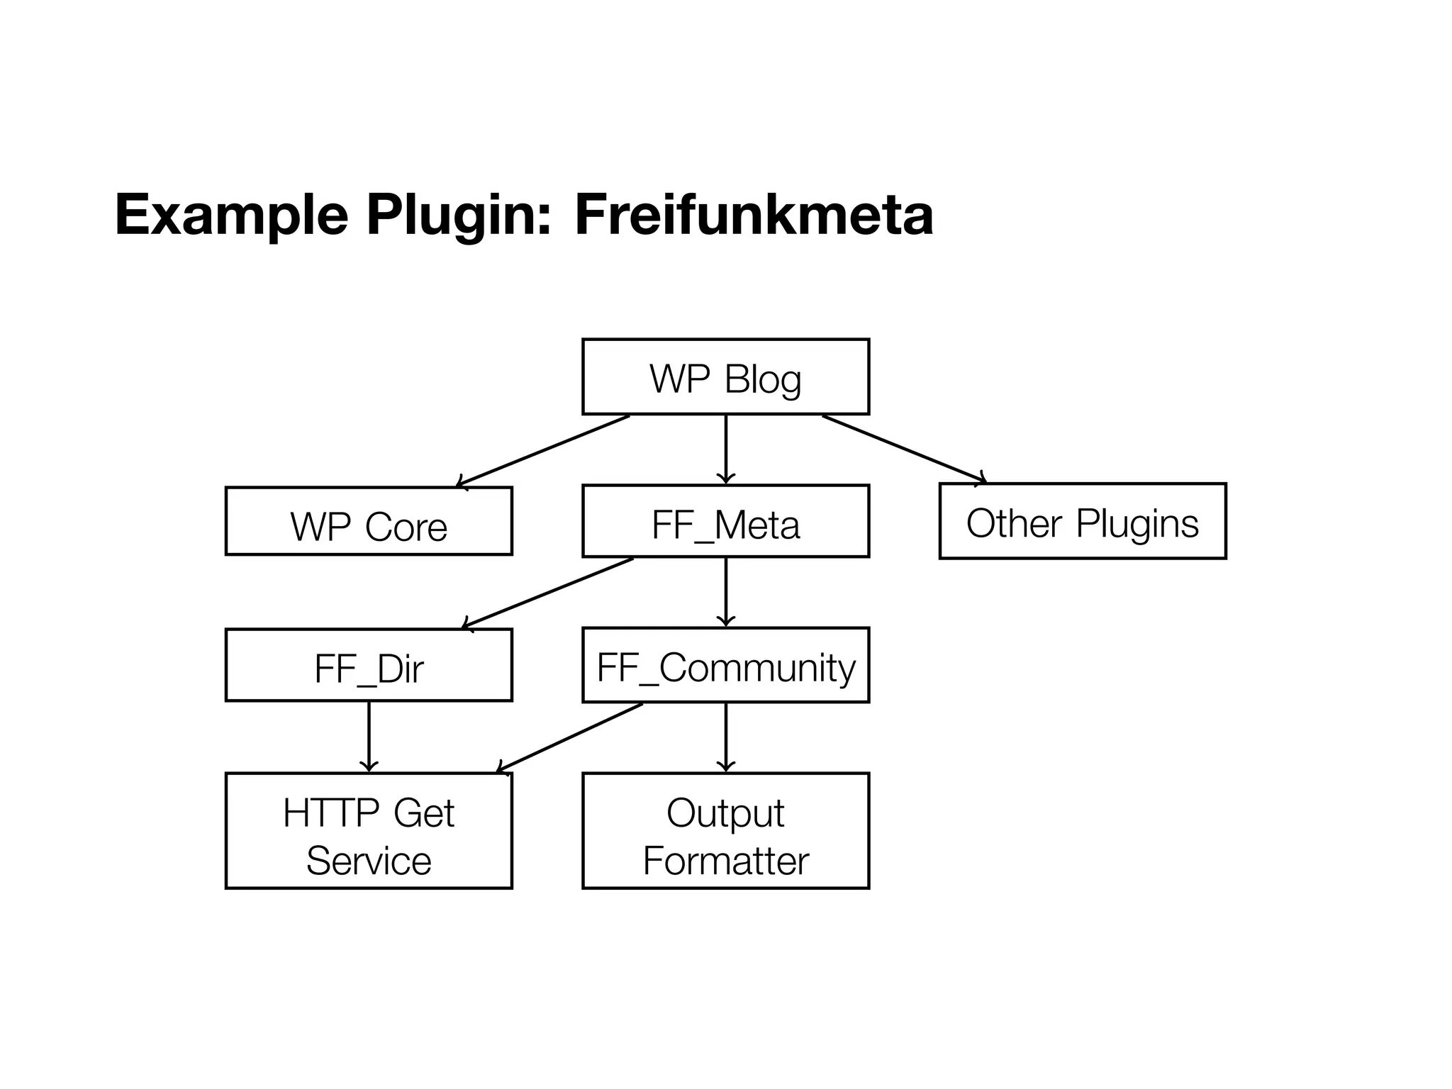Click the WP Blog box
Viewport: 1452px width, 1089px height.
[725, 377]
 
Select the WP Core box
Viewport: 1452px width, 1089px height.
[369, 521]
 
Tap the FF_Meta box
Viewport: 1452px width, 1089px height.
[725, 522]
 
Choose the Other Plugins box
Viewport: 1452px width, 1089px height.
[1082, 522]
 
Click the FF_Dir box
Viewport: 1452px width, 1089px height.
[369, 665]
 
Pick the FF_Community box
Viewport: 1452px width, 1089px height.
[725, 666]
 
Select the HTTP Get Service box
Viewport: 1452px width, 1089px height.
[369, 830]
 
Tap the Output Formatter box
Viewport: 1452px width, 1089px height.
[725, 830]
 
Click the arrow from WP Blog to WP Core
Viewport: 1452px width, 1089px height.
[543, 451]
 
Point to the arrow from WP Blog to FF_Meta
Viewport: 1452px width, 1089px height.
[725, 449]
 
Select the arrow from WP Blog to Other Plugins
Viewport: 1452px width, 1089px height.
[904, 449]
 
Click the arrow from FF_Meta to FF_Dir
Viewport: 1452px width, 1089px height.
[547, 593]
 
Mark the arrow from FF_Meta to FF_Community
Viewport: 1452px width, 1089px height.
[725, 592]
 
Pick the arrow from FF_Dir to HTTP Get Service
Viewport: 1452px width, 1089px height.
[369, 736]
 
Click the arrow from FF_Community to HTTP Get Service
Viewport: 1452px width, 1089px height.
[569, 737]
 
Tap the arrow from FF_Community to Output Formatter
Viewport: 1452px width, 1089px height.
[725, 737]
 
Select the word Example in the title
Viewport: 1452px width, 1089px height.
[231, 216]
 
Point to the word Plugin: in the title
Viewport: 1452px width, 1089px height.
[458, 216]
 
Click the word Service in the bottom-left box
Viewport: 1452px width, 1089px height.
[369, 861]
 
